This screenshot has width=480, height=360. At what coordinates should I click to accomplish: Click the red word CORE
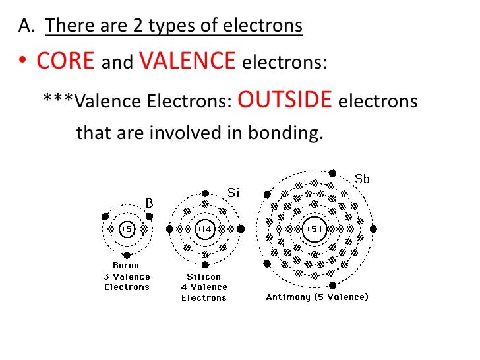[x=66, y=61]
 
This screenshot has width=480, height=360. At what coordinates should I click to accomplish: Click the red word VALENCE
[x=187, y=61]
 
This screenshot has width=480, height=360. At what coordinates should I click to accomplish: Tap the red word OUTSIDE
[x=284, y=100]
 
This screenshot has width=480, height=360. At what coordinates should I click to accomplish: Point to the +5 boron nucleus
[x=127, y=229]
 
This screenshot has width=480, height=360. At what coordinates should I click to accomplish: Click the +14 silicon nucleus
[x=205, y=229]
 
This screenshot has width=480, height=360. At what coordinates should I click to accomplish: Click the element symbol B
[x=149, y=204]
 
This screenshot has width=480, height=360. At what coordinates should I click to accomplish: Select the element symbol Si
[x=233, y=193]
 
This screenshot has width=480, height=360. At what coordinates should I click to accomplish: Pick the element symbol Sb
[x=362, y=179]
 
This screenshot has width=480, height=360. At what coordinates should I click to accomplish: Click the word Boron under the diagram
[x=127, y=266]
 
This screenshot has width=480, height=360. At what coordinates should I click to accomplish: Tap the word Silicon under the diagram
[x=204, y=276]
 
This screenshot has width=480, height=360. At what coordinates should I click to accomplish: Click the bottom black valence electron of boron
[x=127, y=255]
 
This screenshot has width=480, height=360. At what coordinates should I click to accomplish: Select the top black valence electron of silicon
[x=205, y=193]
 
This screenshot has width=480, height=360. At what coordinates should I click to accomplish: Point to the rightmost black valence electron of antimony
[x=373, y=229]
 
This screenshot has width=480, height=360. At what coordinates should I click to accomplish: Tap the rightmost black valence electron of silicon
[x=241, y=229]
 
